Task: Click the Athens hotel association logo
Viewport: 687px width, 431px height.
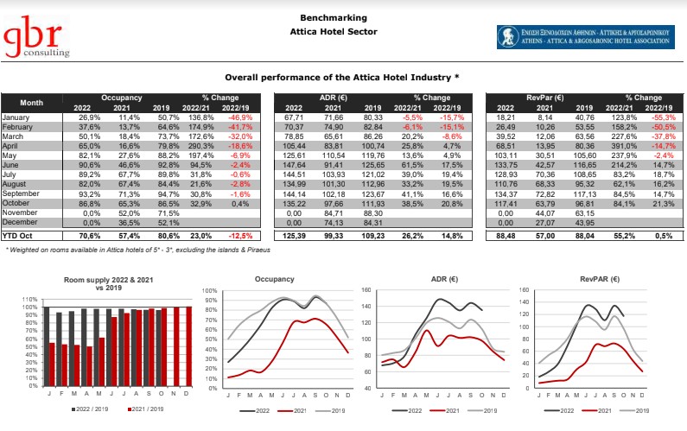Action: (585, 35)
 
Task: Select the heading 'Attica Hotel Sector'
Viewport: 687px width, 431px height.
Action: (344, 32)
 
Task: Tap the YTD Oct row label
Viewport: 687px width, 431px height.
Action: (18, 234)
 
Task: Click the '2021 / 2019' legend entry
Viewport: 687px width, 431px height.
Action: (147, 408)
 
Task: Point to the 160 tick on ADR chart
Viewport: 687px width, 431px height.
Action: (366, 291)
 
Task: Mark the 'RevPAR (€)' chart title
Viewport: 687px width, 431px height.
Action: (599, 279)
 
